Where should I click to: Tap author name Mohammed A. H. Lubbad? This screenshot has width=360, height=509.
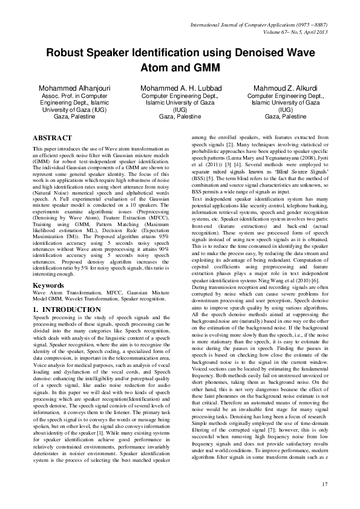180,88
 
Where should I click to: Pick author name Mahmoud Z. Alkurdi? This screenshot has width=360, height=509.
286,88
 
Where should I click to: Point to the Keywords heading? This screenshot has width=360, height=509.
49,284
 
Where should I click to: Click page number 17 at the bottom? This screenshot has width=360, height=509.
324,483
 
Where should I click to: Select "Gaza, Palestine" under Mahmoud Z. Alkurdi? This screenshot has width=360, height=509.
286,116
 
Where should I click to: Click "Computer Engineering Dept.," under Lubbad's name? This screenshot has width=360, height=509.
180,96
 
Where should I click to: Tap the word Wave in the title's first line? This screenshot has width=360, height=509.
300,53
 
